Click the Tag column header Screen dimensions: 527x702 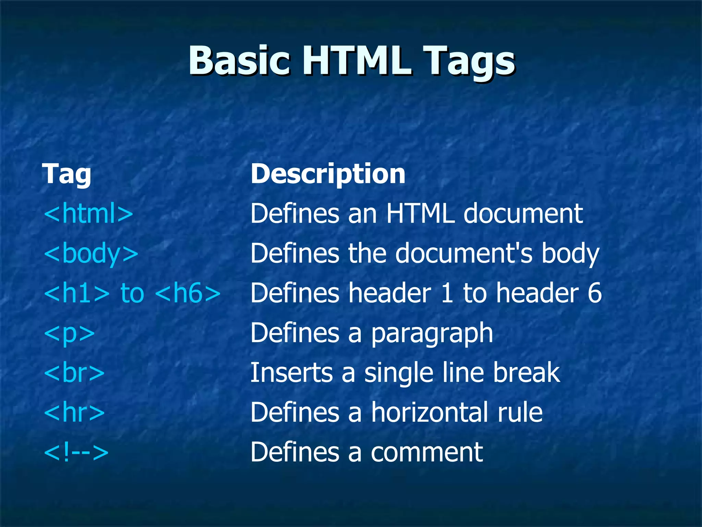[66, 174]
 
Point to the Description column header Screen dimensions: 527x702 [328, 174]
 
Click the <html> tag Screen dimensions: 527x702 [88, 213]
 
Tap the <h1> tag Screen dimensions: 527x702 [77, 293]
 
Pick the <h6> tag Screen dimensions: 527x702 [188, 293]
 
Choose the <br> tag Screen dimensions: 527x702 [74, 373]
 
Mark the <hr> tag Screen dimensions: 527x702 [74, 412]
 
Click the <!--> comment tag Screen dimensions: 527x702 [76, 452]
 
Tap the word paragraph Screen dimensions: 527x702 [432, 333]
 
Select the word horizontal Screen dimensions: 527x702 [429, 412]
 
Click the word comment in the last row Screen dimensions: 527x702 [427, 453]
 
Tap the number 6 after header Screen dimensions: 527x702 [594, 293]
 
